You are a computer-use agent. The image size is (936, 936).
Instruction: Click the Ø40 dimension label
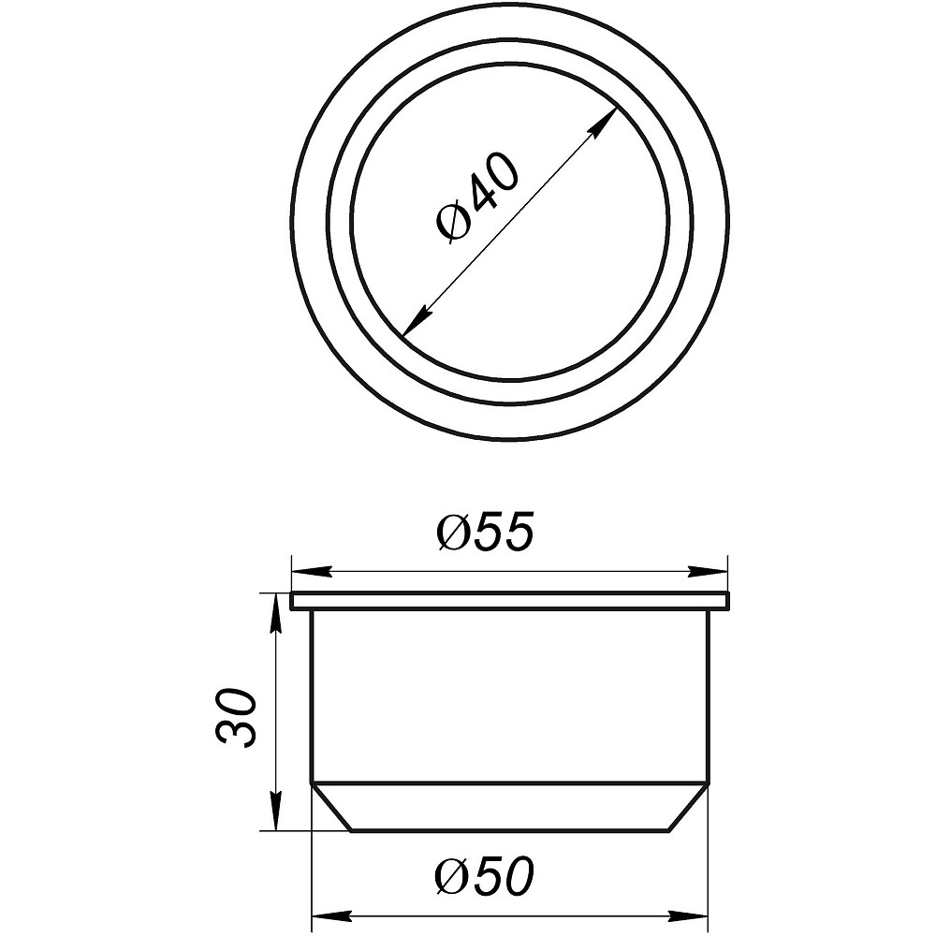pos(477,198)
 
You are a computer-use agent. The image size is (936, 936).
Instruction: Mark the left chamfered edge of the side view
pos(330,807)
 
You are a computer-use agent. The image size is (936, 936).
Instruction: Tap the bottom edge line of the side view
pos(510,830)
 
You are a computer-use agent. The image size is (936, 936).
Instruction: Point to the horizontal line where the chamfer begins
pos(510,782)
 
